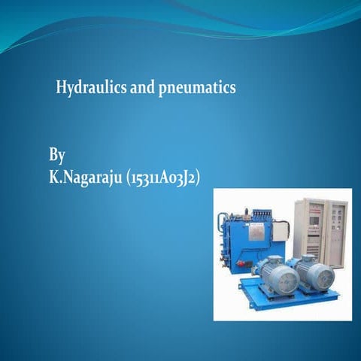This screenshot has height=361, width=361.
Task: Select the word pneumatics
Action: pos(197,89)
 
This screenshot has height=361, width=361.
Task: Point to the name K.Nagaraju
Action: pos(86,179)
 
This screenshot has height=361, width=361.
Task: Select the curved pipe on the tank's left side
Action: pos(222,226)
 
